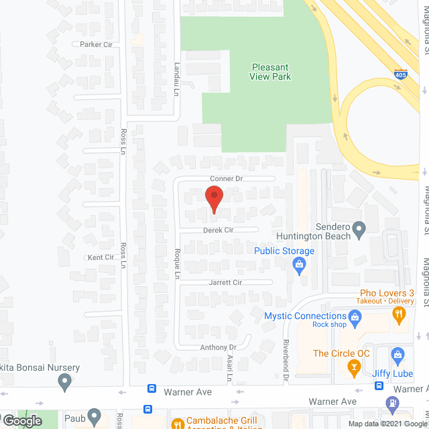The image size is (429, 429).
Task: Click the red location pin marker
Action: coord(214,199)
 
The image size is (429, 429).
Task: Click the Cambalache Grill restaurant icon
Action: coord(178,424)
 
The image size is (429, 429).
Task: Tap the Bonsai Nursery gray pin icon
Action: coord(64,382)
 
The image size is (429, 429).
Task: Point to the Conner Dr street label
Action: coord(225,179)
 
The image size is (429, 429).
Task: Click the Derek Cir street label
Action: coord(219,230)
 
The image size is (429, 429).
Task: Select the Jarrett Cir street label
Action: coord(225,283)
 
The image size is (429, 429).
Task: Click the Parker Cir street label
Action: coord(95,44)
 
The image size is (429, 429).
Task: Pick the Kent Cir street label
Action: coord(101,257)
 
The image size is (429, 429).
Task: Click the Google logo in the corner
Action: coord(21,421)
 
